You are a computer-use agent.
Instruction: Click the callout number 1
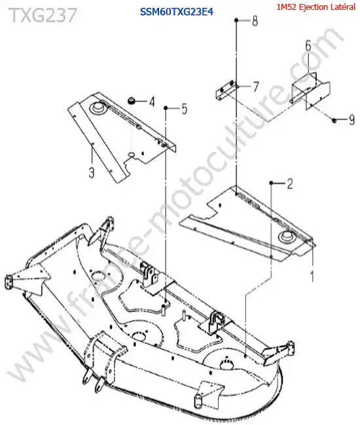click(312, 276)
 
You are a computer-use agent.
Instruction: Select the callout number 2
click(290, 184)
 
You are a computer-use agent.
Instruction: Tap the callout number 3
click(92, 172)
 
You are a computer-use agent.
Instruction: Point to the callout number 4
click(152, 102)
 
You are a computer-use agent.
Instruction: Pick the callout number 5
click(185, 109)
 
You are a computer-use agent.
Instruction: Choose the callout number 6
click(308, 45)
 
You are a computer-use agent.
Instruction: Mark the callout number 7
click(255, 87)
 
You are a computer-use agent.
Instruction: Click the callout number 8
click(255, 21)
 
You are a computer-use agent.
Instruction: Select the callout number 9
click(351, 120)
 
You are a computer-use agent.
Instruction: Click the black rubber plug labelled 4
click(132, 101)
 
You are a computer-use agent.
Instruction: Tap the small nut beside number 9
click(334, 120)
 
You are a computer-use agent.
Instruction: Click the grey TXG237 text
click(43, 15)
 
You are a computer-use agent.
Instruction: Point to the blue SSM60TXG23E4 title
click(176, 12)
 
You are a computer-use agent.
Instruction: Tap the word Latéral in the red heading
click(342, 7)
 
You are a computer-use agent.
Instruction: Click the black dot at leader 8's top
click(236, 20)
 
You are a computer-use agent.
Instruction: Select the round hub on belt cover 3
click(97, 108)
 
